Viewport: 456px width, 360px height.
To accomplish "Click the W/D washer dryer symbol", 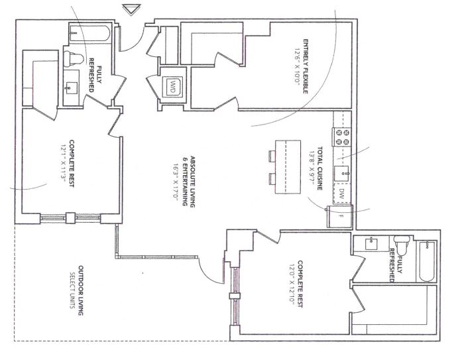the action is point(173,86).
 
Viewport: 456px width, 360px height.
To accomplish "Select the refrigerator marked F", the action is point(339,216).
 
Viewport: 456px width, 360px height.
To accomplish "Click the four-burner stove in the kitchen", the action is point(342,137).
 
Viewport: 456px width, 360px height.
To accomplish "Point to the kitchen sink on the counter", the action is point(342,174).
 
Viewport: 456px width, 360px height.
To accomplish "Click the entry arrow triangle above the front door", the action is point(131,9).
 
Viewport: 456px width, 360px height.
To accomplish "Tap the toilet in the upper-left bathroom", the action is point(74,58).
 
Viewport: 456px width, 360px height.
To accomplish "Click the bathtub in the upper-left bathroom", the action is point(89,33).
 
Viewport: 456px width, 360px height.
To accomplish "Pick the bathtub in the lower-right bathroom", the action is point(427,261).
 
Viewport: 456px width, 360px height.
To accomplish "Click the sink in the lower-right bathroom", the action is point(372,244).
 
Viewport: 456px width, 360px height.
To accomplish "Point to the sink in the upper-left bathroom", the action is point(71,88).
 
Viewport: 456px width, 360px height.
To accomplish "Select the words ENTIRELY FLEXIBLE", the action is point(306,66).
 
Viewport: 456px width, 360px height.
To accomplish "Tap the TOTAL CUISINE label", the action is point(319,168).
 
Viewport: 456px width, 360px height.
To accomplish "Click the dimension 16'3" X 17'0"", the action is point(176,182).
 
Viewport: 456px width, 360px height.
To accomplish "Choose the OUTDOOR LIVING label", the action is point(81,290).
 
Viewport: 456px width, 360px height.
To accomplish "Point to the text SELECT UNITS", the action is point(72,290).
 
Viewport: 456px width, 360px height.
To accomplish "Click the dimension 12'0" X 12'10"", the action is point(292,284).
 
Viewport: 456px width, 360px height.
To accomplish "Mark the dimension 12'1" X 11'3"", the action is point(64,164).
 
